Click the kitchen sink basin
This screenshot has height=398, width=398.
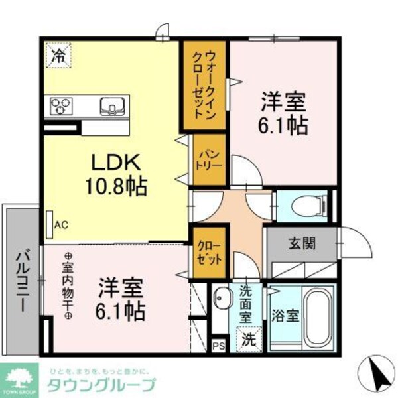[111, 105]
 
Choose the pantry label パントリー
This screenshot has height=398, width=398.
[204, 159]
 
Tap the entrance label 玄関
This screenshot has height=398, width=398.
[302, 243]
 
